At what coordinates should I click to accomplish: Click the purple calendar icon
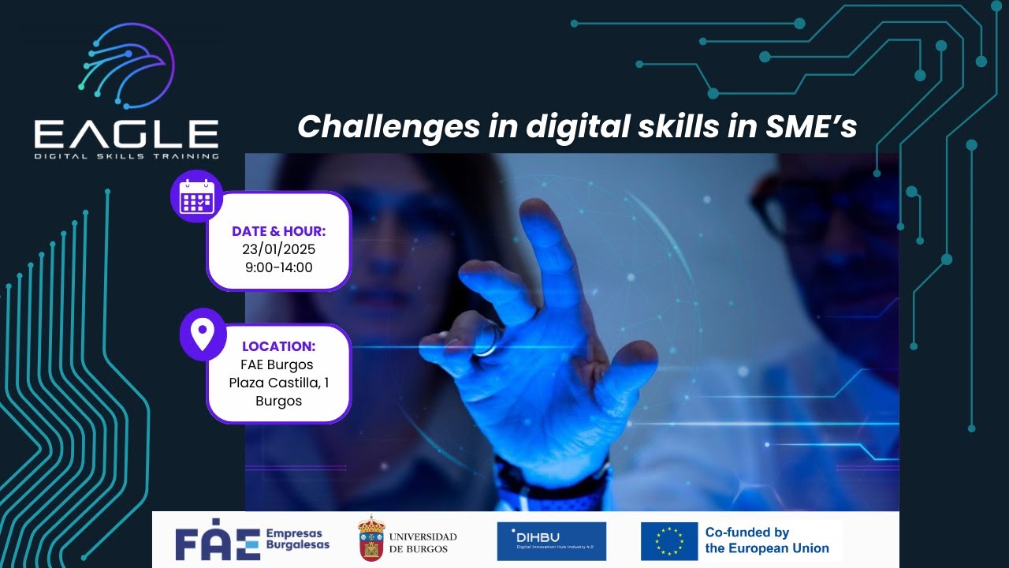(196, 196)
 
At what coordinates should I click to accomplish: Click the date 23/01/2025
(278, 249)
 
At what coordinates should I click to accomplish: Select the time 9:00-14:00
(278, 267)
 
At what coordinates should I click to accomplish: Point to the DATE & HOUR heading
(278, 231)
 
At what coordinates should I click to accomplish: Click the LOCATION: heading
(278, 346)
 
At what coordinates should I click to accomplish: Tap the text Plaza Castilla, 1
(278, 383)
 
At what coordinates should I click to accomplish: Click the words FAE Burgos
(277, 364)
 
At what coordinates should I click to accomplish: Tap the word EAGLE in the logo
(126, 134)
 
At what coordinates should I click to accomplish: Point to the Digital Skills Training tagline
(126, 156)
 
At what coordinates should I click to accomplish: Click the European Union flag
(668, 541)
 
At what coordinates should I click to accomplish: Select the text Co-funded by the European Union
(766, 540)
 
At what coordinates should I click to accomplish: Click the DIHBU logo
(551, 541)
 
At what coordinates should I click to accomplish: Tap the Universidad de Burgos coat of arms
(371, 540)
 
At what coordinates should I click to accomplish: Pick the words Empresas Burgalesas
(298, 539)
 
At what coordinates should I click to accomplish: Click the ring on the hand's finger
(486, 339)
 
